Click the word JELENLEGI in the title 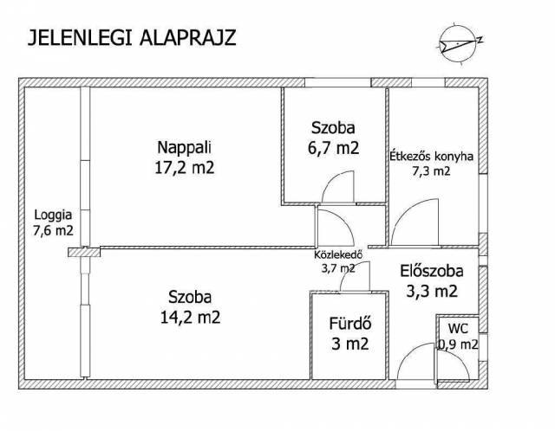(x=80, y=37)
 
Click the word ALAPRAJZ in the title (x=187, y=37)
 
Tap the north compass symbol (x=460, y=42)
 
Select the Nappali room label (x=184, y=147)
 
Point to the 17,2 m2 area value (x=185, y=167)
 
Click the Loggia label (x=53, y=215)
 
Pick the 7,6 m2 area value (x=53, y=230)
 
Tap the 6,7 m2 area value (x=333, y=148)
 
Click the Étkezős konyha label (x=432, y=156)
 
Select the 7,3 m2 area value (x=432, y=171)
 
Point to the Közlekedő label (x=338, y=254)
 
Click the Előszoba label (x=432, y=271)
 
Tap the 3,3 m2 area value (x=432, y=292)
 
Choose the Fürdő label (x=350, y=324)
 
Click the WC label (x=458, y=329)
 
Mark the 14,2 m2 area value (x=191, y=318)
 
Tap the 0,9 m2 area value (x=458, y=344)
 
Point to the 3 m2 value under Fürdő (x=350, y=344)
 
